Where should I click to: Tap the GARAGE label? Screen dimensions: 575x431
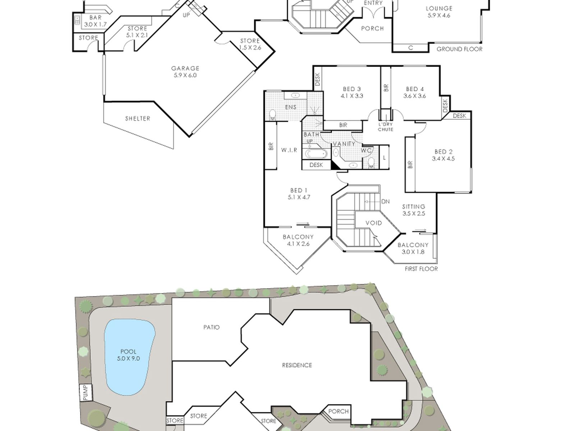[x=185, y=68]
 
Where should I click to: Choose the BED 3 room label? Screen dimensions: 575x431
[x=352, y=89]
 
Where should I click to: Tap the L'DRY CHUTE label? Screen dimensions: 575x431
[x=386, y=127]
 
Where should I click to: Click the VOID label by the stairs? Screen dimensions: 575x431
[x=374, y=223]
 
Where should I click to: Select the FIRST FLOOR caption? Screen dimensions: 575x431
[x=421, y=269]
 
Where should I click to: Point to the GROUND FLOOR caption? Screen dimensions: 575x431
[x=460, y=49]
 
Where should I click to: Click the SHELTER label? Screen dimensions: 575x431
[x=138, y=119]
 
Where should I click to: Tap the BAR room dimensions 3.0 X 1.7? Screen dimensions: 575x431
[x=96, y=25]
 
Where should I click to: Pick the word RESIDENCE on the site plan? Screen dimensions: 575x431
[x=297, y=365]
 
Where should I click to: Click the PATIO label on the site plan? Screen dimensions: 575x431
[x=211, y=327]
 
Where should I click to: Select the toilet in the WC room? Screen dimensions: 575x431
[x=371, y=162]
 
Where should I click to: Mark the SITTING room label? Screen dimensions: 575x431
[x=414, y=207]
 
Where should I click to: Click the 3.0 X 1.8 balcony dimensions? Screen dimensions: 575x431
[x=413, y=252]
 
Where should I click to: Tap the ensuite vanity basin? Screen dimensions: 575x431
[x=295, y=95]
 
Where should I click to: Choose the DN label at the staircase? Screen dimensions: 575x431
[x=386, y=201]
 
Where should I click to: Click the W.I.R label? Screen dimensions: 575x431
[x=289, y=150]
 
